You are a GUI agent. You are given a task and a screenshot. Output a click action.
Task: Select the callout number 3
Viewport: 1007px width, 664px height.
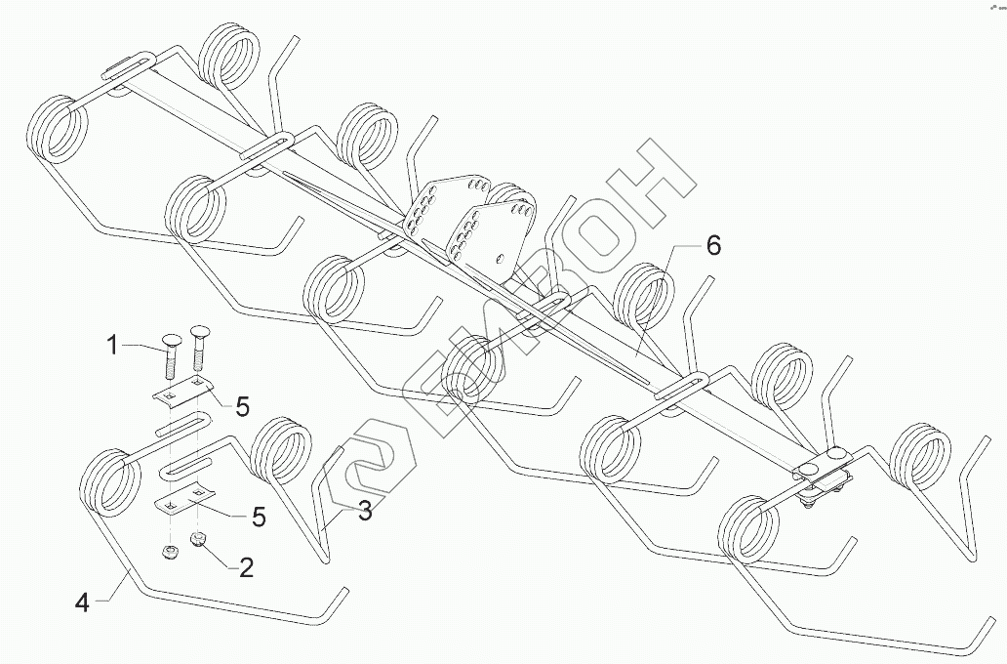pyautogui.click(x=363, y=511)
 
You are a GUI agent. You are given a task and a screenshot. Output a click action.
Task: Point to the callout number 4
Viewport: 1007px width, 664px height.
pyautogui.click(x=83, y=602)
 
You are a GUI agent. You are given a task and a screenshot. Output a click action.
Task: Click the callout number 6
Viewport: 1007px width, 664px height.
pyautogui.click(x=713, y=246)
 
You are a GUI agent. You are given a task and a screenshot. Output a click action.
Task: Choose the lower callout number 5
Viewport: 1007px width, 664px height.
pyautogui.click(x=259, y=517)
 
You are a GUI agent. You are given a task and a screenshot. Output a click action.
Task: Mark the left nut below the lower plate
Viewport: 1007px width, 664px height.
pyautogui.click(x=169, y=553)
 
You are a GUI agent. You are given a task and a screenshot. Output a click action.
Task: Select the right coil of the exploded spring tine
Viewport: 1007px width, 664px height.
pyautogui.click(x=280, y=448)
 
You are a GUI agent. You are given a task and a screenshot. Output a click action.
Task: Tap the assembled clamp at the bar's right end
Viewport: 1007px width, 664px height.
pyautogui.click(x=822, y=472)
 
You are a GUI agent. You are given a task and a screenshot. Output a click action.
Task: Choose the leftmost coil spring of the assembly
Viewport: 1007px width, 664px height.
pyautogui.click(x=59, y=130)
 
